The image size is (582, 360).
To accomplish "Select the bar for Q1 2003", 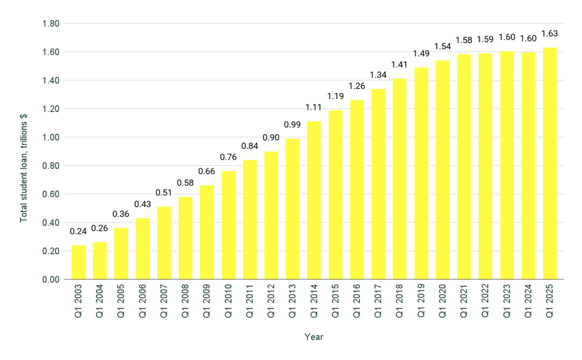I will coord(78,262).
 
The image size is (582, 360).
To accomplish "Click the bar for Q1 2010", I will coord(228,225).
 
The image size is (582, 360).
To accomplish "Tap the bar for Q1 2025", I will coord(550,163).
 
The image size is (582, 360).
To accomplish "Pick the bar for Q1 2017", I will coord(378,184).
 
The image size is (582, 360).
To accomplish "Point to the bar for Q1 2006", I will coord(142,249).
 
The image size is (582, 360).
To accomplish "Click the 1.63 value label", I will coord(550,33).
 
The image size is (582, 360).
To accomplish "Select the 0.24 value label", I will coord(78,231).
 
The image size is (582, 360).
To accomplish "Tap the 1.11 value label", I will coord(314,107).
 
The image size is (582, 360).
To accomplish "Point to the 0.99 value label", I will coord(292,124).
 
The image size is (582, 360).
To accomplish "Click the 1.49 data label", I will coord(421,53).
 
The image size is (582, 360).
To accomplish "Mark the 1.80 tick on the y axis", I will coord(52,24).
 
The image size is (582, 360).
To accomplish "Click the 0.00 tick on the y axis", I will coord(52,279).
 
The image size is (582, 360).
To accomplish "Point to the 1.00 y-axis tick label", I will coord(52,137).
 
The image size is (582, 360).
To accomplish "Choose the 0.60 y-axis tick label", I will coord(52,194).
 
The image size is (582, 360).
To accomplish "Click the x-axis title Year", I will coord(313,337).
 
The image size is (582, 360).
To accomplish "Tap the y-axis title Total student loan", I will coord(24,168).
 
